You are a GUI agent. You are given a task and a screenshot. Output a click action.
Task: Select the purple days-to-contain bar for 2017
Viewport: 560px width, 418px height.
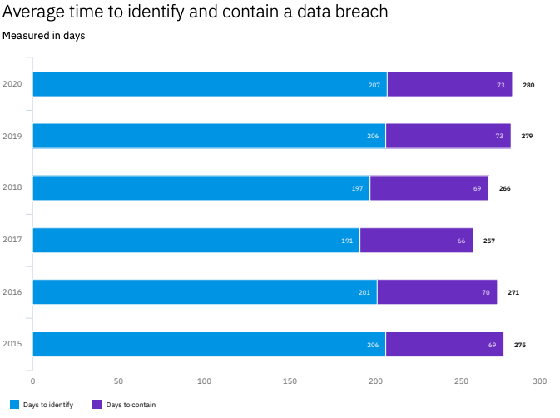(x=416, y=241)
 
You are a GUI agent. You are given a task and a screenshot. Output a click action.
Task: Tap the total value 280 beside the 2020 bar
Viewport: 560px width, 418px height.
(x=528, y=85)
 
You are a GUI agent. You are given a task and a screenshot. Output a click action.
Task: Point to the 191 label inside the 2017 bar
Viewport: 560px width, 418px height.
(x=348, y=241)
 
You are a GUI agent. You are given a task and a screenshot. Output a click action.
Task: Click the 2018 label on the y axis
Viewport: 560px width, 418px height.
(x=12, y=188)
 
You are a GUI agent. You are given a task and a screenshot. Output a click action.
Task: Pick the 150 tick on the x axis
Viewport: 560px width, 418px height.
(x=290, y=381)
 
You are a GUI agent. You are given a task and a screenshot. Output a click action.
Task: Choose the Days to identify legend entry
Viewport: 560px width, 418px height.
(x=42, y=405)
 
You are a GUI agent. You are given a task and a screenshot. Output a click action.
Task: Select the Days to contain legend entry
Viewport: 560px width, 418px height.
(x=124, y=405)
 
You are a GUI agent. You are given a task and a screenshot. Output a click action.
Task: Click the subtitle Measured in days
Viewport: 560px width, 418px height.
(x=43, y=36)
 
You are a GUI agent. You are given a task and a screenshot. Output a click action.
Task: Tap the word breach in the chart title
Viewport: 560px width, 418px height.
(x=363, y=12)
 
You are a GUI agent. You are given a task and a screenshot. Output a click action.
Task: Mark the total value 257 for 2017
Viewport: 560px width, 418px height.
(x=489, y=241)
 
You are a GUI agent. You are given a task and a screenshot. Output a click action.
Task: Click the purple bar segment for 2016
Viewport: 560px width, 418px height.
(x=437, y=292)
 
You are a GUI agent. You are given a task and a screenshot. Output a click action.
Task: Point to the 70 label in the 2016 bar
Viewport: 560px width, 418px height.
(x=485, y=292)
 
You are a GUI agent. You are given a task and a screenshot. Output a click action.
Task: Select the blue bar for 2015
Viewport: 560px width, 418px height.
(x=209, y=345)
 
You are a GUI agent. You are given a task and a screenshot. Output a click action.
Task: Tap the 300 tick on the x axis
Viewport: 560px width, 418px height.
(x=539, y=381)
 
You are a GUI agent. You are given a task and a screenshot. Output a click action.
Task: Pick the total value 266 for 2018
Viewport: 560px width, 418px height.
(x=504, y=188)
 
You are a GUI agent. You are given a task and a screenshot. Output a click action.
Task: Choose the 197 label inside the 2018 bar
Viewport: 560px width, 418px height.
(x=357, y=188)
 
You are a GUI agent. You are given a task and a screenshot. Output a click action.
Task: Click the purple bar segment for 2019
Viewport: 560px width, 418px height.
(x=448, y=137)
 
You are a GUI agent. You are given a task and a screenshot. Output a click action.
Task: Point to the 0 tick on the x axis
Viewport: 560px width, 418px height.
(x=32, y=381)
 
